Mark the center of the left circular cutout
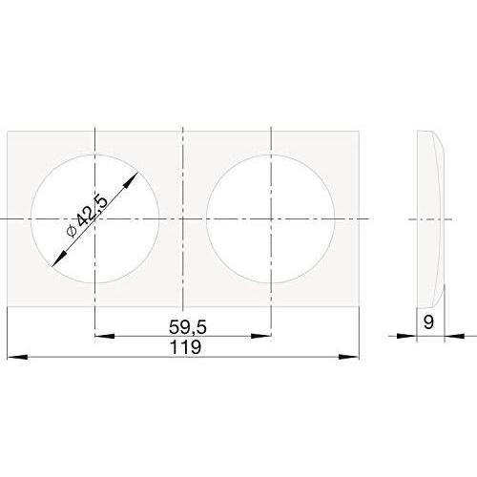point(94,218)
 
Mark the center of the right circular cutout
point(271,218)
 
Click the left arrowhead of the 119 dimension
point(12,358)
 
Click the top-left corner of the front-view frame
point(8,131)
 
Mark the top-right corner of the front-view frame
point(359,131)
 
